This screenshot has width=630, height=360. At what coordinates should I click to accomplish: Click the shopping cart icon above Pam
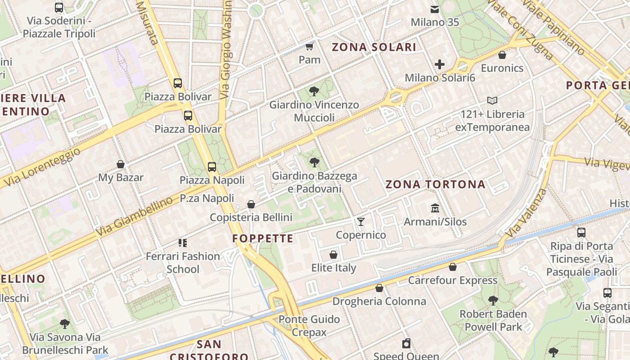pos(309,46)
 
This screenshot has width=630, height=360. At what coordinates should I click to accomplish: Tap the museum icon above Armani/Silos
pos(435,208)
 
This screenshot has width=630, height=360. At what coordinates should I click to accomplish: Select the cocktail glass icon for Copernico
pos(360,221)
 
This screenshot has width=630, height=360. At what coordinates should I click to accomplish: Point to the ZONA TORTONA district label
pos(435,184)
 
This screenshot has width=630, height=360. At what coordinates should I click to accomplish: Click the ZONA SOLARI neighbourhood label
pos(374,47)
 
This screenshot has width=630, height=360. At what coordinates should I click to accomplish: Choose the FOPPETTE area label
pos(263,238)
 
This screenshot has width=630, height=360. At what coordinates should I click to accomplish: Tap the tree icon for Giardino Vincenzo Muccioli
pos(314,91)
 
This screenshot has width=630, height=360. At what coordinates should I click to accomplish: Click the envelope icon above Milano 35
pos(435,9)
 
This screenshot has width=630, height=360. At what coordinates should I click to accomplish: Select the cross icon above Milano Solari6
pos(440,64)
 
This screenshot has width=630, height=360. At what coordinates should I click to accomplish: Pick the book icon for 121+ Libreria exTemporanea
pos(492,100)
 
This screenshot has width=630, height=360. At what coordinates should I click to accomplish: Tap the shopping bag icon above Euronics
pos(502,55)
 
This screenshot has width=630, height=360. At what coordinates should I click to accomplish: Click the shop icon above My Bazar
pos(121,164)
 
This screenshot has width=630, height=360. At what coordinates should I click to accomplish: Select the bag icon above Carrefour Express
pos(453,267)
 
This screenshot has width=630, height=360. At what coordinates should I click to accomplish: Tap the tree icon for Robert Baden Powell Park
pos(493,300)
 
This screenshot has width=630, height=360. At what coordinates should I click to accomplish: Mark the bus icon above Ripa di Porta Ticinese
pos(581,233)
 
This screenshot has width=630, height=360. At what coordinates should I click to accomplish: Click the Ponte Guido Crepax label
pos(309,326)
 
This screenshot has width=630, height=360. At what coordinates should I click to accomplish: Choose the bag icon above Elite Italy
pos(333,255)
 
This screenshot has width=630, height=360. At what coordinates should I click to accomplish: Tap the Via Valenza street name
pos(526,213)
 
